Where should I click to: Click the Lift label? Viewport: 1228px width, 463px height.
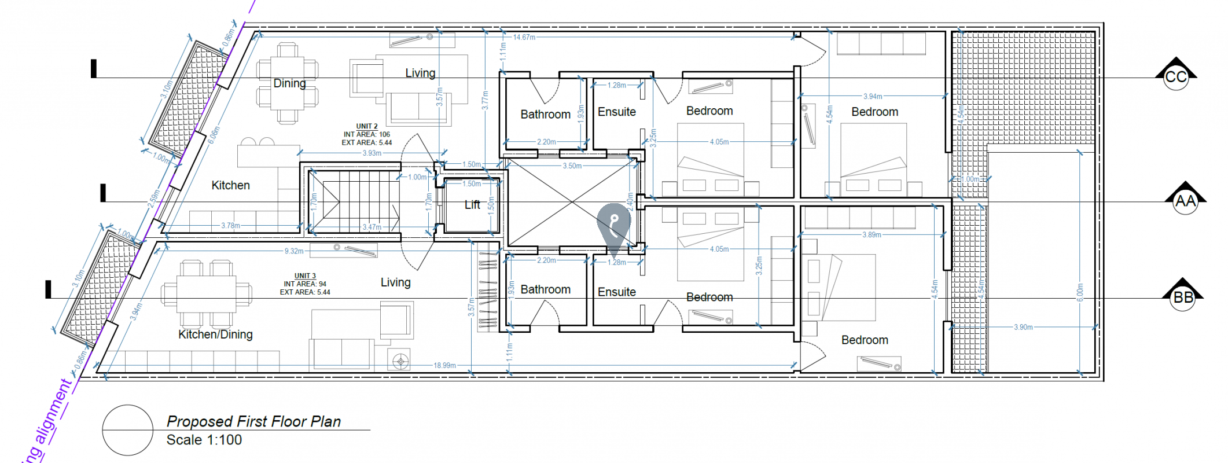[472, 205]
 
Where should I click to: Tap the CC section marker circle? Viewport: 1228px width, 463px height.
[1175, 78]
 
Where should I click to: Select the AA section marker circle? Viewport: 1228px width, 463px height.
[1185, 201]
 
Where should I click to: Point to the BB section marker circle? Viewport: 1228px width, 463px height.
[1182, 298]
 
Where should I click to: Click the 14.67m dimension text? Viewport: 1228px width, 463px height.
[524, 37]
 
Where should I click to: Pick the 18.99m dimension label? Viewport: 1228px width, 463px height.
[444, 365]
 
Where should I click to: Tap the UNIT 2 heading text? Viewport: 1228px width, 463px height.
[367, 126]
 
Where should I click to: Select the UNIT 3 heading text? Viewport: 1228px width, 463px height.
[305, 276]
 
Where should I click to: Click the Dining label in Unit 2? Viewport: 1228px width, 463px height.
[289, 83]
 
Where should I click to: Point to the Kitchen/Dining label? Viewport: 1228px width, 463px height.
[215, 335]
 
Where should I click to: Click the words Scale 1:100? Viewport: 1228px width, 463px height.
[204, 440]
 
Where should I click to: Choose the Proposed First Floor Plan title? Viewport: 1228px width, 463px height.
[253, 421]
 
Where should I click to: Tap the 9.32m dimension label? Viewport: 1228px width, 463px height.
[294, 251]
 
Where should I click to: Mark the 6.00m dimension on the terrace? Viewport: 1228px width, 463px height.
[1079, 292]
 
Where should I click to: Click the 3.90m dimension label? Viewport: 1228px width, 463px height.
[1023, 327]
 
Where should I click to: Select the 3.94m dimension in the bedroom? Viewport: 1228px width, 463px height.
[872, 97]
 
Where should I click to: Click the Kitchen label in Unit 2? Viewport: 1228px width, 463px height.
[230, 185]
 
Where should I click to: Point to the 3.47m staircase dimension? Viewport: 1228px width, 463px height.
[372, 227]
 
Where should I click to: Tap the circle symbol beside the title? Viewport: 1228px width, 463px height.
[127, 430]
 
